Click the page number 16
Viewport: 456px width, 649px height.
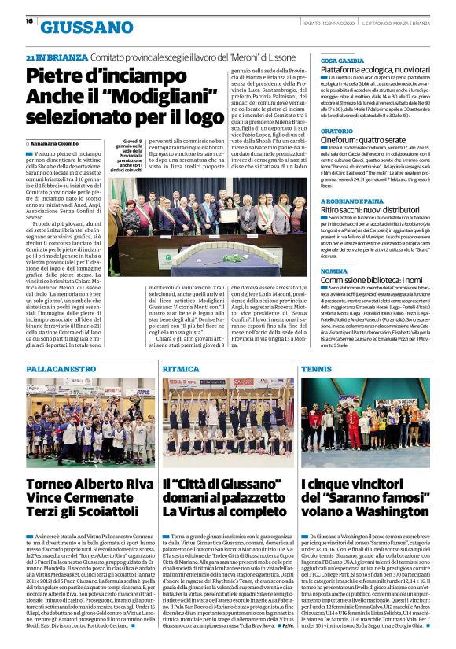point(28,21)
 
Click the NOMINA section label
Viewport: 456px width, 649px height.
point(334,271)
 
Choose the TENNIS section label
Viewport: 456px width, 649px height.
point(316,368)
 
